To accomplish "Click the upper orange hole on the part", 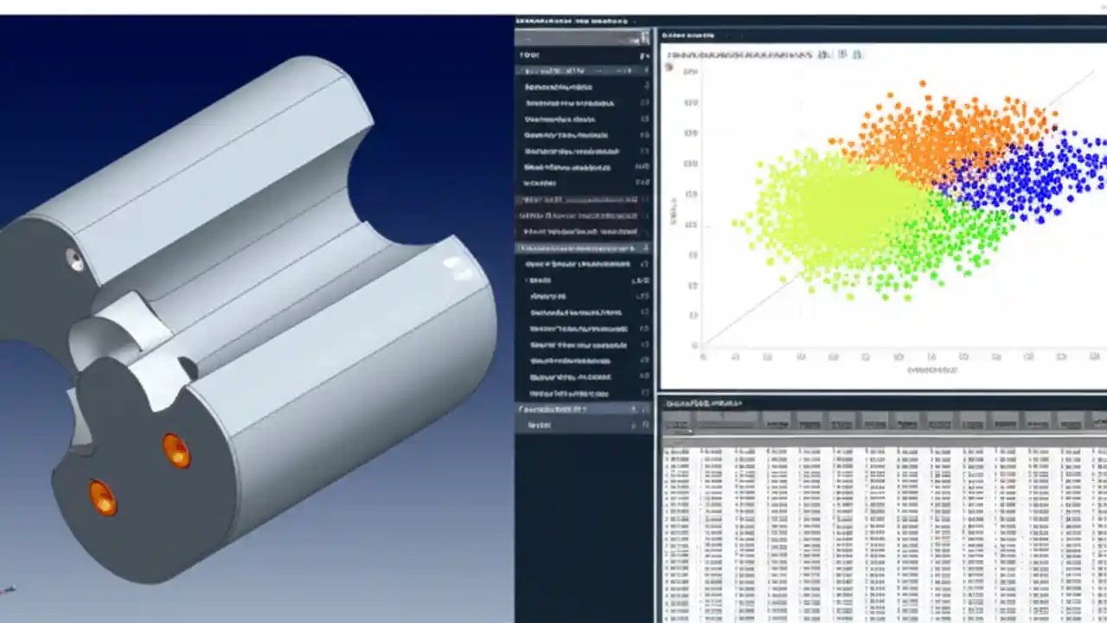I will [176, 451].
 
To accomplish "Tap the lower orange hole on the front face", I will [102, 498].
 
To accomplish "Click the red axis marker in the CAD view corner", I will [8, 590].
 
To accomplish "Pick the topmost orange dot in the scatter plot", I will [923, 84].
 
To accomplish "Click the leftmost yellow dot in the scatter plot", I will [735, 222].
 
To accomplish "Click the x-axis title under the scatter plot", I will [932, 369].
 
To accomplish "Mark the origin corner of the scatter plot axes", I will [701, 347].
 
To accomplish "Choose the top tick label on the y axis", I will [689, 72].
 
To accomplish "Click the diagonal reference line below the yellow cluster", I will [744, 311].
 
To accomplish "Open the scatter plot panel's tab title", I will [688, 35].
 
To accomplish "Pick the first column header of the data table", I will [678, 421].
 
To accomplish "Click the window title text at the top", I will [571, 20].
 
